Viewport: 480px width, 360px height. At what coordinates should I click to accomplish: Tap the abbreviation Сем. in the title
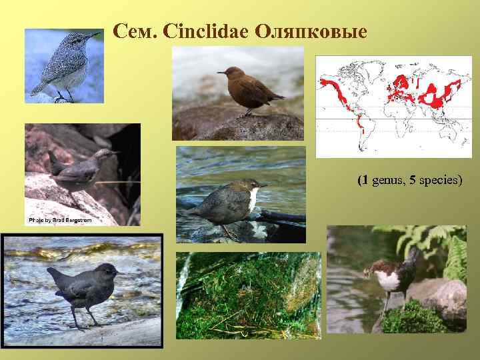134,31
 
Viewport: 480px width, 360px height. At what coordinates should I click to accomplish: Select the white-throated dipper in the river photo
230,200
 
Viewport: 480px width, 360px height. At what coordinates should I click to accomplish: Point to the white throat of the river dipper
253,199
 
